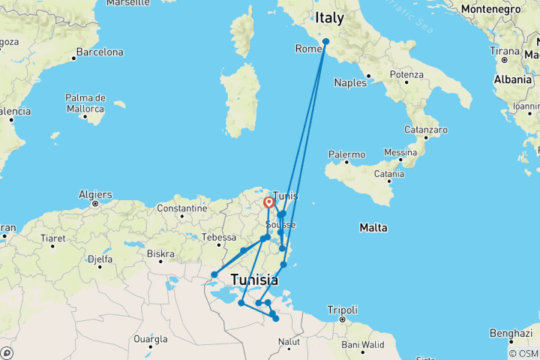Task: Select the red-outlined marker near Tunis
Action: tap(268, 202)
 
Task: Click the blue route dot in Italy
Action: tap(325, 41)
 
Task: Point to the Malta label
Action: tap(373, 226)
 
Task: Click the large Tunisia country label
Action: tap(254, 280)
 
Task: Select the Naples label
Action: tap(350, 82)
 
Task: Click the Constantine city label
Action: tap(181, 208)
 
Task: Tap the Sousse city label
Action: tap(282, 225)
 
